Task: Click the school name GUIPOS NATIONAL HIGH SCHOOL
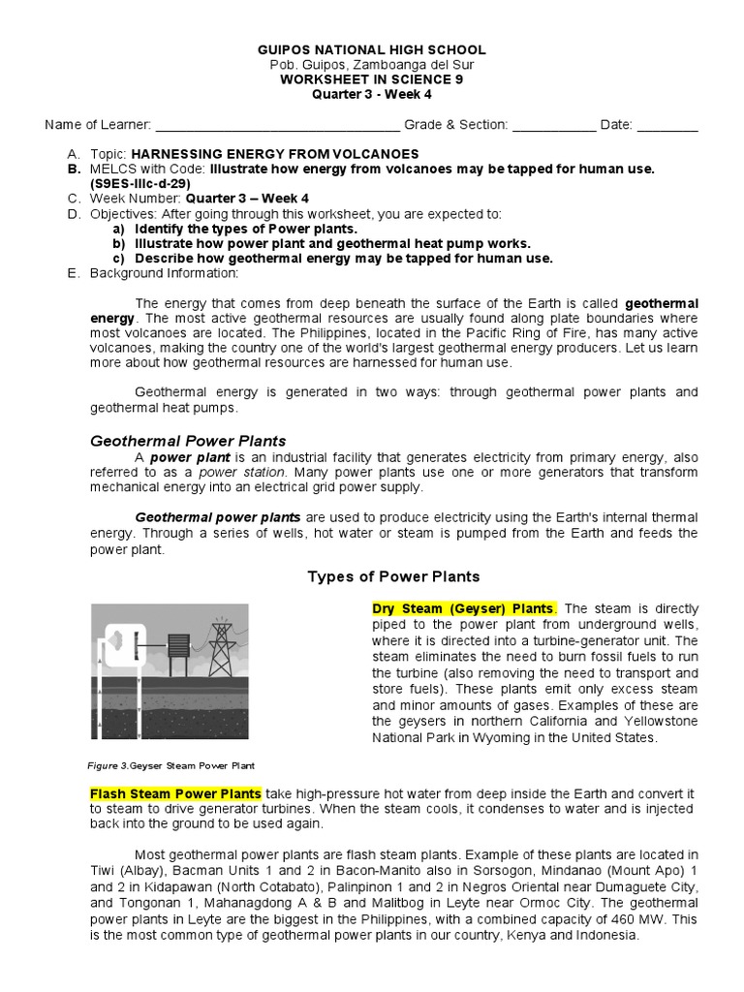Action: click(372, 49)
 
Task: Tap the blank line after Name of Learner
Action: click(277, 125)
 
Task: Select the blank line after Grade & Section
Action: click(554, 125)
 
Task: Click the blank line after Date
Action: click(667, 125)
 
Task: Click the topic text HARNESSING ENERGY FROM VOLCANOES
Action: click(274, 154)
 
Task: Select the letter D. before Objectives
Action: click(73, 213)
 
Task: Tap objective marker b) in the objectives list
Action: click(118, 243)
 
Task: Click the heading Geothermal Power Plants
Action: click(188, 441)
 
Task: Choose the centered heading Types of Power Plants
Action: click(393, 576)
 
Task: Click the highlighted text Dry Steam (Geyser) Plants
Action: click(464, 608)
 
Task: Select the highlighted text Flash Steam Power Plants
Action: click(175, 793)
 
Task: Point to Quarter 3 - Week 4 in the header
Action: click(372, 94)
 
